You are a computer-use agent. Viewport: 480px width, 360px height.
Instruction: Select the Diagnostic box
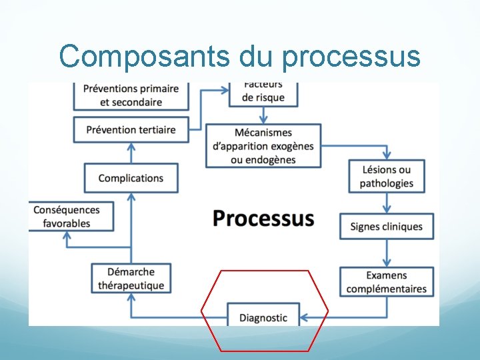tap(263, 317)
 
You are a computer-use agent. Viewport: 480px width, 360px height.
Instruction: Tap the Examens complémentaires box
tap(387, 282)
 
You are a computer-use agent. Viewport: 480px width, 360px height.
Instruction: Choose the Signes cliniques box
tap(387, 227)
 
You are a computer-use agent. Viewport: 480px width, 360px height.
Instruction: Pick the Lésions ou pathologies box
tap(387, 177)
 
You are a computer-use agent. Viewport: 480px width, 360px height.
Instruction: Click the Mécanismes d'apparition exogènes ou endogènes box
tap(263, 145)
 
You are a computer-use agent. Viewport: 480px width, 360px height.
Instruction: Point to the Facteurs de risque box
tap(263, 94)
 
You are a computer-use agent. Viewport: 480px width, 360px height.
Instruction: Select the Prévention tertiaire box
tap(131, 129)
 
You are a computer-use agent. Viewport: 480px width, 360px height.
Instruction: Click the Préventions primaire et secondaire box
tap(131, 95)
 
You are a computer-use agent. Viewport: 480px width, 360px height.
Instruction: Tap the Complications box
tap(131, 178)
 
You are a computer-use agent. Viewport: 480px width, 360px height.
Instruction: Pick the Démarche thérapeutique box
tap(131, 279)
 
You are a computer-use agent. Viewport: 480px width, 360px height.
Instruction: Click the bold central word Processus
tap(263, 218)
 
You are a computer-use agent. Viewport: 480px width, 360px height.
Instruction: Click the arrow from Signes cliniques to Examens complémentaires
tap(387, 254)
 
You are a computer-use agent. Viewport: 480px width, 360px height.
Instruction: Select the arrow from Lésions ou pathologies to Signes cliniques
tap(387, 204)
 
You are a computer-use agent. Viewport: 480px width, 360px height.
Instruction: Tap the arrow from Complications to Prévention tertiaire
tap(131, 153)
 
